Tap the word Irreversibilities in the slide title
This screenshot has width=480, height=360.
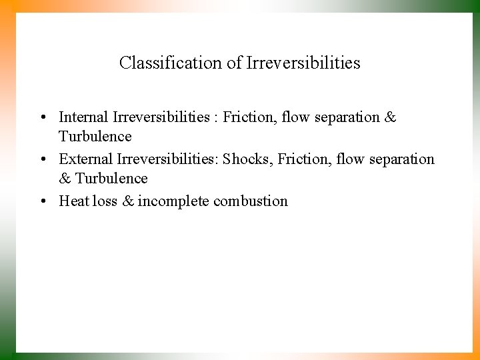tap(303, 63)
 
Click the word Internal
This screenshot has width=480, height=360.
tap(83, 117)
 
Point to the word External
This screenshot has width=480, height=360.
tap(85, 159)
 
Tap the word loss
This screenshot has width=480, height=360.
tap(105, 201)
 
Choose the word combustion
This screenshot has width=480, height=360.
tap(251, 201)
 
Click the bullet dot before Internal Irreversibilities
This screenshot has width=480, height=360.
tap(42, 118)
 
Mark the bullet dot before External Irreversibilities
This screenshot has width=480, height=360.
tap(42, 160)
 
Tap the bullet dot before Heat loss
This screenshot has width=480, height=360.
tap(42, 201)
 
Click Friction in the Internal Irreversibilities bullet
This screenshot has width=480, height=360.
tap(249, 117)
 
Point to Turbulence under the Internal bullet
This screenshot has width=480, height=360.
tap(95, 137)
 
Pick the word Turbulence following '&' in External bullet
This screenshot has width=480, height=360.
tap(111, 179)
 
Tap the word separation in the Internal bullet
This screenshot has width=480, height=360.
tap(346, 118)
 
